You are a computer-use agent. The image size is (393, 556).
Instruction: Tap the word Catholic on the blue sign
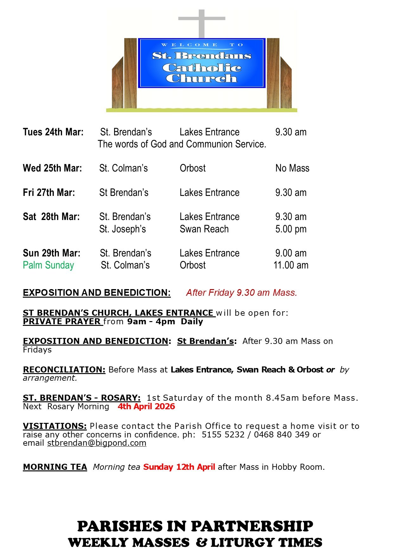click(202, 68)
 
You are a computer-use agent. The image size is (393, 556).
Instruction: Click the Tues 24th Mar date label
click(53, 132)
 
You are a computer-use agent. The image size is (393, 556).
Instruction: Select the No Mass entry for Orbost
click(292, 168)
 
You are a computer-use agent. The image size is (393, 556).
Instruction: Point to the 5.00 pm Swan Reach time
click(291, 229)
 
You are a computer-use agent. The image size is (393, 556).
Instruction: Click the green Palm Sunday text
click(48, 265)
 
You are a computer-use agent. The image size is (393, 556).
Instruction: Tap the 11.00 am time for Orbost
click(291, 265)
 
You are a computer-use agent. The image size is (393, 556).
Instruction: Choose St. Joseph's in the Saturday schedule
click(122, 229)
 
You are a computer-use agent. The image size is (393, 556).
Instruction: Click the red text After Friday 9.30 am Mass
click(242, 293)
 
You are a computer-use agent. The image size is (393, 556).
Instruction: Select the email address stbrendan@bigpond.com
click(97, 443)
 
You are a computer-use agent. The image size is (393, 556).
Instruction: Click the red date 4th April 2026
click(146, 406)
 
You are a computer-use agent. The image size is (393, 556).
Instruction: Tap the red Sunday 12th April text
click(179, 467)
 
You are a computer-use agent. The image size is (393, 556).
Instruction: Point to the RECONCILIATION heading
click(64, 370)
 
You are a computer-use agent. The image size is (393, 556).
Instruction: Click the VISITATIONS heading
click(55, 426)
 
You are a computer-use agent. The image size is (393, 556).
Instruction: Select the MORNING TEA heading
click(55, 467)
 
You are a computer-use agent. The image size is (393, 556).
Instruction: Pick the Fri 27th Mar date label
click(49, 192)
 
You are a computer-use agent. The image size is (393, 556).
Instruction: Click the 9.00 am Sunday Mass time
click(291, 253)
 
